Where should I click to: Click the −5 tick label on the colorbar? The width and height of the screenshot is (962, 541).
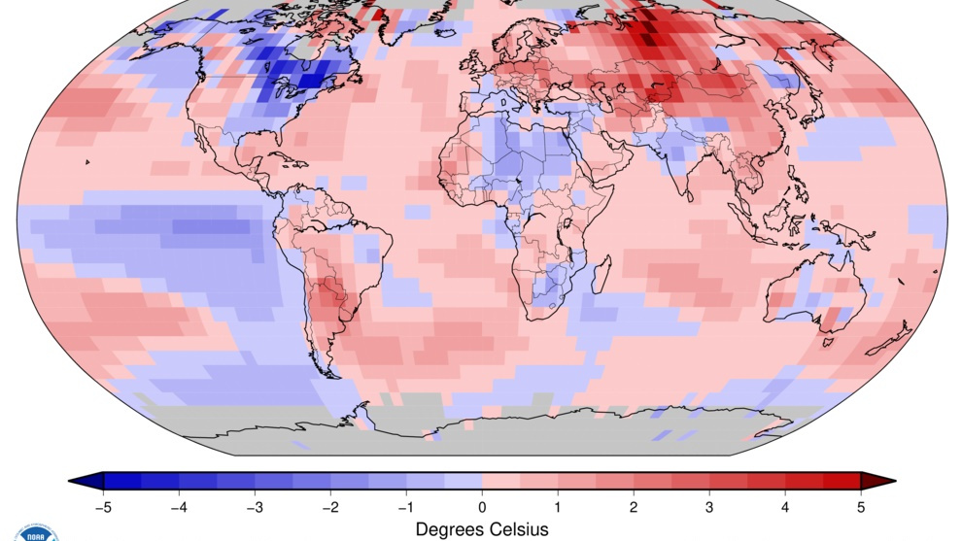click(101, 506)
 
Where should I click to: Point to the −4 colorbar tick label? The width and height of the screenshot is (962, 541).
click(177, 506)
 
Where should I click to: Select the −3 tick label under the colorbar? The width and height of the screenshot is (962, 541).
click(253, 506)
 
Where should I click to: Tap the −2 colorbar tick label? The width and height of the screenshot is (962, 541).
click(328, 506)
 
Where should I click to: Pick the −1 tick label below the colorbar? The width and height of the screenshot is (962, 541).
click(404, 506)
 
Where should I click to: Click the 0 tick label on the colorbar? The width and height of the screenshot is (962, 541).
click(482, 506)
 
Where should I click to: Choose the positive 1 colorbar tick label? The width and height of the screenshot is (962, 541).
click(558, 506)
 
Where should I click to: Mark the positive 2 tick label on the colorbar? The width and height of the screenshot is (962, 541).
click(634, 506)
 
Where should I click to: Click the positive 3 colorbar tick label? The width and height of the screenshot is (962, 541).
click(709, 506)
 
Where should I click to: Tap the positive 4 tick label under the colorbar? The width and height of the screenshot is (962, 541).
click(785, 506)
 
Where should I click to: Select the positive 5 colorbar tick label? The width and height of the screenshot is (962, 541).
click(861, 506)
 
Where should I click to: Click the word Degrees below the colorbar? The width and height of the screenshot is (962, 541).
click(451, 529)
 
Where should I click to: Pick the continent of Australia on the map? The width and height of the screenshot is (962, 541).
click(816, 296)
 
